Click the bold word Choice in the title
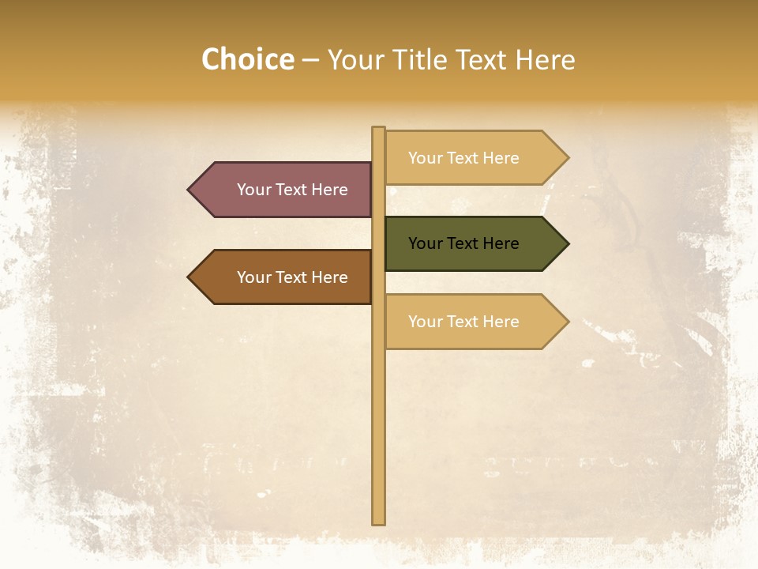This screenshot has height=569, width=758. (x=247, y=59)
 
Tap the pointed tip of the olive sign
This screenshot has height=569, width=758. (x=567, y=243)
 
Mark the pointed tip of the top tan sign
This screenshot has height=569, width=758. (x=567, y=158)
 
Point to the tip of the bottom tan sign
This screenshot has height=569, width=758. (x=567, y=322)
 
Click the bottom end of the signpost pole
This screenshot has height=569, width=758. (x=379, y=521)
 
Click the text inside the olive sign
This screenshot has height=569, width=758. (x=463, y=243)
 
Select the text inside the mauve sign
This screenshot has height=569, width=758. (x=292, y=190)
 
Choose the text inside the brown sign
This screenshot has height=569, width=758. (x=292, y=277)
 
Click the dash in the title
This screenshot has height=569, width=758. (x=310, y=61)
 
